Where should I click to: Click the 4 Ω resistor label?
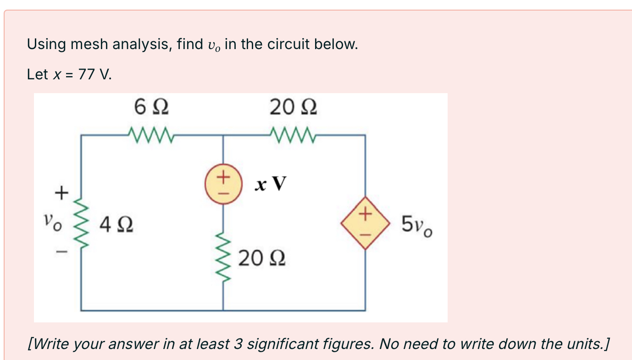click(x=116, y=225)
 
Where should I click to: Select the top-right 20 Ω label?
click(x=293, y=109)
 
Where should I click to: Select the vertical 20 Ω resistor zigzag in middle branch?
click(x=223, y=258)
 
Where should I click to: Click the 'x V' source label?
click(x=271, y=184)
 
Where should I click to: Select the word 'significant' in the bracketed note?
click(x=286, y=343)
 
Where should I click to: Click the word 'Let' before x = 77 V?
click(x=37, y=74)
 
